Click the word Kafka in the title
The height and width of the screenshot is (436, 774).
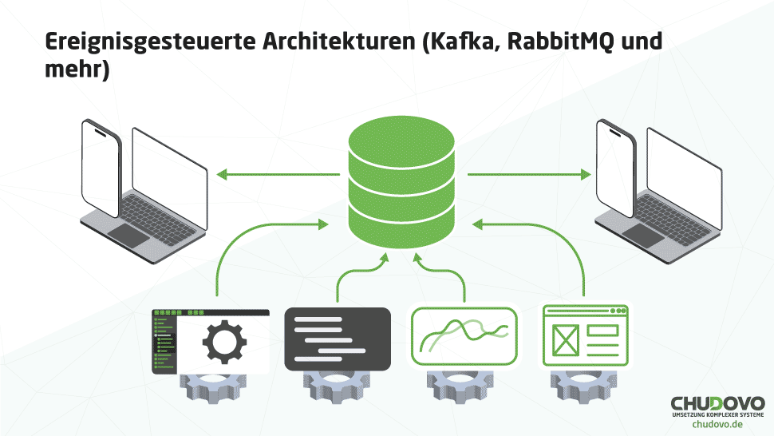click(x=463, y=42)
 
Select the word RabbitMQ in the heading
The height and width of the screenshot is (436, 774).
click(x=563, y=42)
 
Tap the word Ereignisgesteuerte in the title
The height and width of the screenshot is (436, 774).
click(x=148, y=42)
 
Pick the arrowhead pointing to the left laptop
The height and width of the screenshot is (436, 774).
click(x=223, y=173)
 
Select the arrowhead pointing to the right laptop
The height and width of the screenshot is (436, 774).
click(x=585, y=173)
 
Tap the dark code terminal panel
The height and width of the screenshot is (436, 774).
click(x=338, y=339)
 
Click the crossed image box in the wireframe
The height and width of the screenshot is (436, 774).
click(x=565, y=341)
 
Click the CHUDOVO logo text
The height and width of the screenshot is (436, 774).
click(x=717, y=402)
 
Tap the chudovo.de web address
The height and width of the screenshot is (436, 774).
click(x=717, y=425)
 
